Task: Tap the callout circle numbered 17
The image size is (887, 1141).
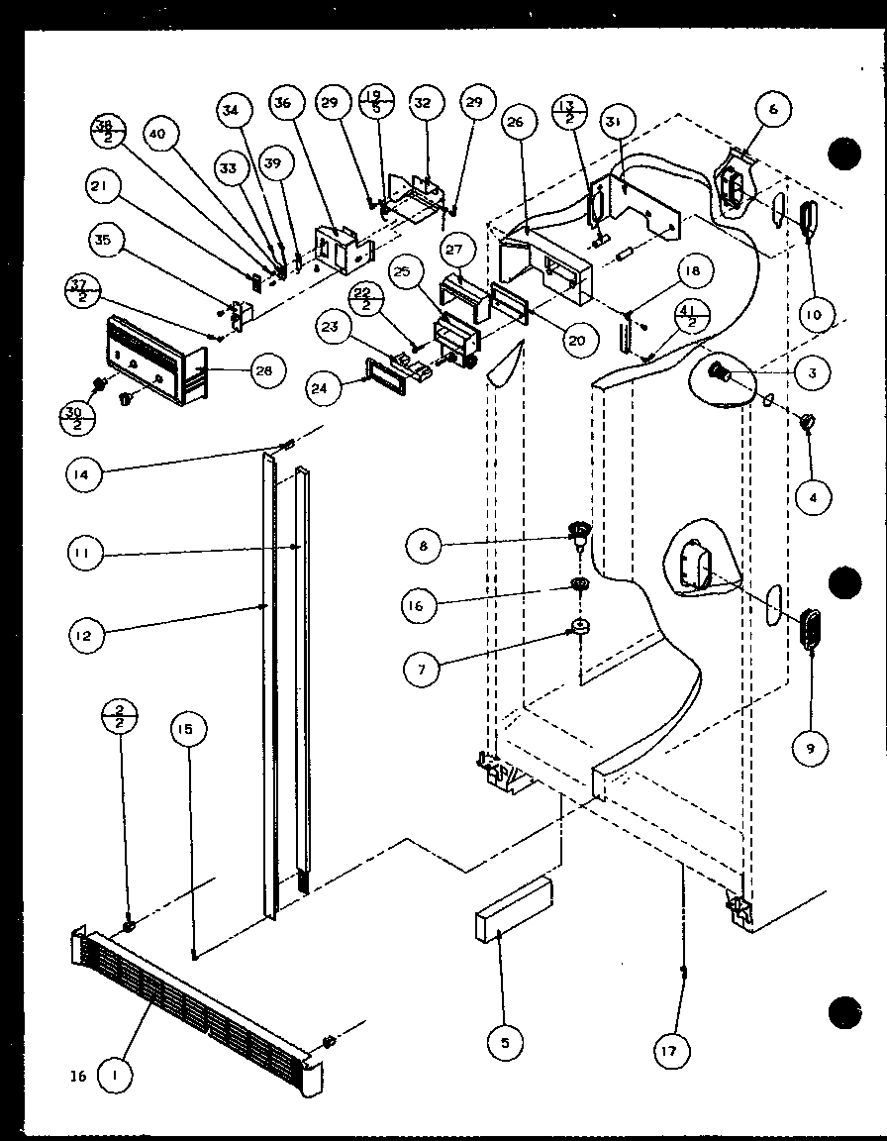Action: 671,1050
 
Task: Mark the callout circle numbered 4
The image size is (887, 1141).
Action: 813,498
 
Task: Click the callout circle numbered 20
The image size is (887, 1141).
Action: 576,340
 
